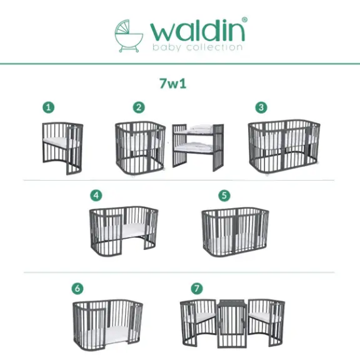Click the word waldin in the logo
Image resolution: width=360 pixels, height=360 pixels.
pos(197,30)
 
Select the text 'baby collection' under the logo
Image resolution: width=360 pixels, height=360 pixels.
pos(197,47)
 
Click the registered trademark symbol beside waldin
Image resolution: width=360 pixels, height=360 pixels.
pos(244,20)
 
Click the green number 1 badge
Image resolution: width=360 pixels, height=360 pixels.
pos(49,107)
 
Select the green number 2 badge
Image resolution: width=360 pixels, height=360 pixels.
pos(138,107)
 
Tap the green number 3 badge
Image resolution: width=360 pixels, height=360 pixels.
pos(261,107)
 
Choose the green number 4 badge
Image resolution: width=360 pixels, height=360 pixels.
pos(96,195)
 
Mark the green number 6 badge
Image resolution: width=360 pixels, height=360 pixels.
pos(78,288)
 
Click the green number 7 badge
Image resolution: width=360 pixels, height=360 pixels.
pos(196,288)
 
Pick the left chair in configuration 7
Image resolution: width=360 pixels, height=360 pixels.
pos(198,319)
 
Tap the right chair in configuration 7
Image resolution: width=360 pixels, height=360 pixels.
pos(266,319)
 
